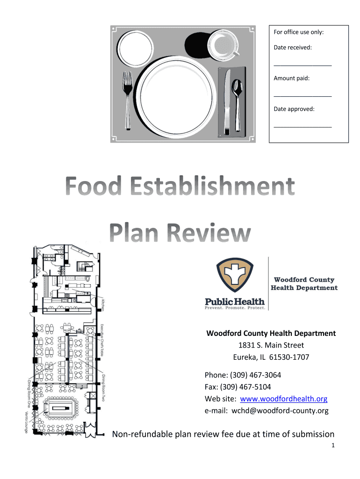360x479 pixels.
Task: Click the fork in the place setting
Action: (x=127, y=100)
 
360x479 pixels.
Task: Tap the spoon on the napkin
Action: (x=238, y=105)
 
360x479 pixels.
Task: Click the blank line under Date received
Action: (x=302, y=65)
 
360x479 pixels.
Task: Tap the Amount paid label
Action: (x=291, y=78)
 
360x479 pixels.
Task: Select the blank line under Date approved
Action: (x=302, y=127)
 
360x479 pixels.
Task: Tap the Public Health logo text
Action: (x=235, y=302)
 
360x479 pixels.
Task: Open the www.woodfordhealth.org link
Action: (x=283, y=399)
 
